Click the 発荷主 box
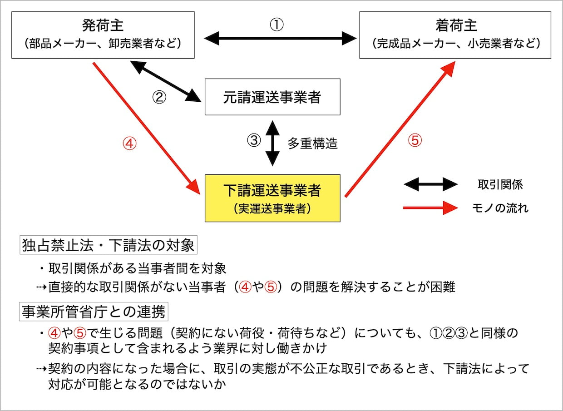(103, 35)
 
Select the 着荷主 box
(455, 35)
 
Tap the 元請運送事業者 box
(272, 97)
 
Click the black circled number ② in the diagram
(158, 98)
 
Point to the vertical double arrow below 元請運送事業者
(272, 143)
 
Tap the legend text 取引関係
(500, 184)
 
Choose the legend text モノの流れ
(500, 208)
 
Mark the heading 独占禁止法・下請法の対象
(108, 246)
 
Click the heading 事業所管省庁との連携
(94, 312)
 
